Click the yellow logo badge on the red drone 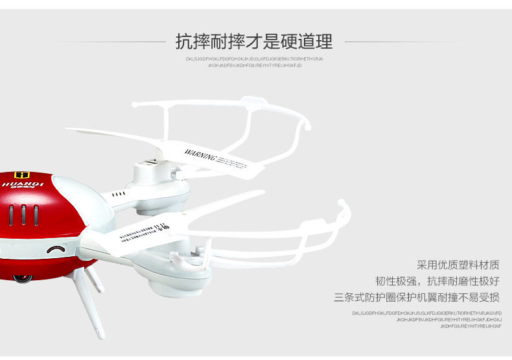point(22,174)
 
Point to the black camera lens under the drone point(23,278)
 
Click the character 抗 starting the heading point(184,42)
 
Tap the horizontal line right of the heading point(402,42)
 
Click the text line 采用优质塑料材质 point(458,265)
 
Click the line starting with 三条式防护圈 point(417,298)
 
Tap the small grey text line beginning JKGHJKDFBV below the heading point(254,66)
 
